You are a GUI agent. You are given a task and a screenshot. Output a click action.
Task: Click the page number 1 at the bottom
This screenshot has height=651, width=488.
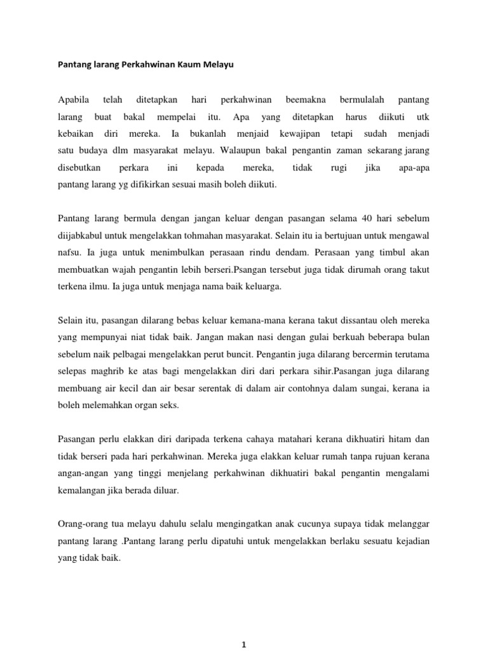coord(244,645)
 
